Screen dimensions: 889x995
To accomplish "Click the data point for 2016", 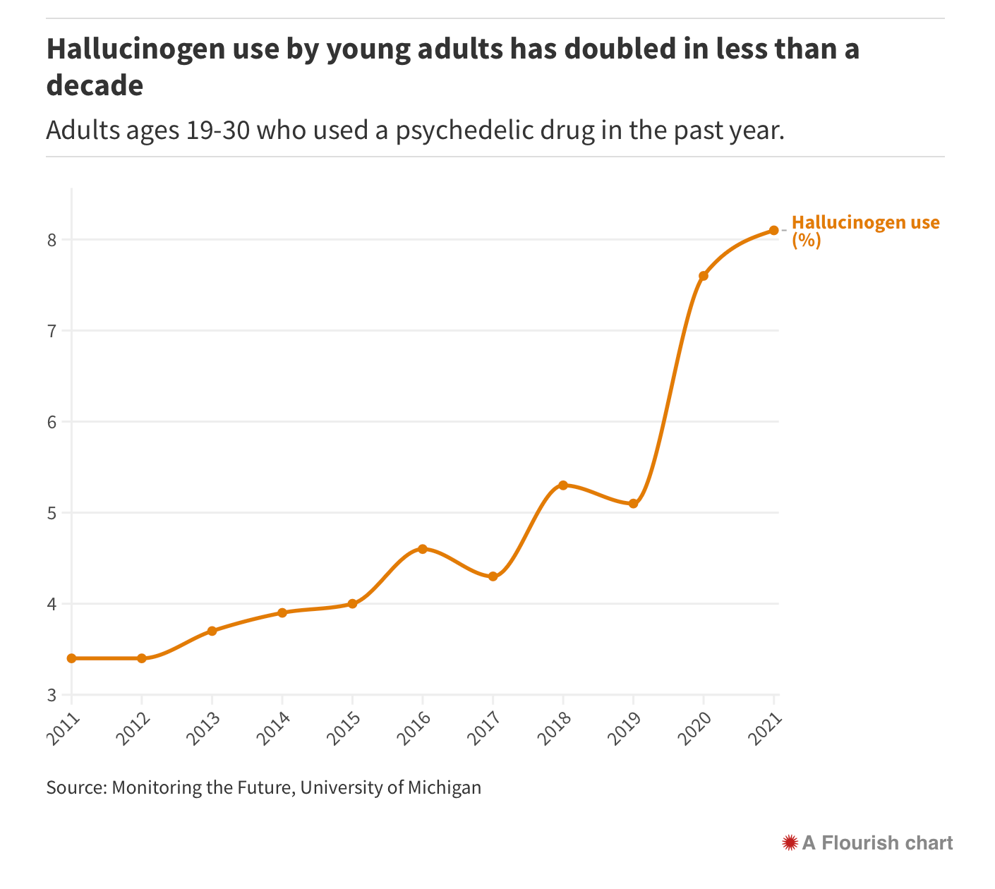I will [x=422, y=549].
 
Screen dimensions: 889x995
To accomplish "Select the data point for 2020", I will [x=703, y=276].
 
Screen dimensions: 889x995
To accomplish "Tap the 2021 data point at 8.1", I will [x=773, y=230].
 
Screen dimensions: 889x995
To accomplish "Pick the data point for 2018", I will [x=562, y=485].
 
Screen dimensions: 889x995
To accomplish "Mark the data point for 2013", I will [x=212, y=631].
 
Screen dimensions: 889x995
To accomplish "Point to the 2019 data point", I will [x=633, y=503].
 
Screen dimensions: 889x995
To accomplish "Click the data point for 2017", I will [x=493, y=576].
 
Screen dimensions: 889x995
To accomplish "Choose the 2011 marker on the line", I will [x=71, y=658].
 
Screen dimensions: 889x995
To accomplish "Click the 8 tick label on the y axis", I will [x=52, y=240].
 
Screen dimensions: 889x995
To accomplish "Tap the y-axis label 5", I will [x=52, y=513].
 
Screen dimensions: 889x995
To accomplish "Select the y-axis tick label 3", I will [x=52, y=695].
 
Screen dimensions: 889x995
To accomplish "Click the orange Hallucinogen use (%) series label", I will [x=865, y=231].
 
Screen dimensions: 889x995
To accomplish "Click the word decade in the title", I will [x=95, y=86].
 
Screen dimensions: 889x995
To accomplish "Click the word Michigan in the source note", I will [x=445, y=787].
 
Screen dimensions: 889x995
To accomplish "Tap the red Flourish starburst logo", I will [x=790, y=842].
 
